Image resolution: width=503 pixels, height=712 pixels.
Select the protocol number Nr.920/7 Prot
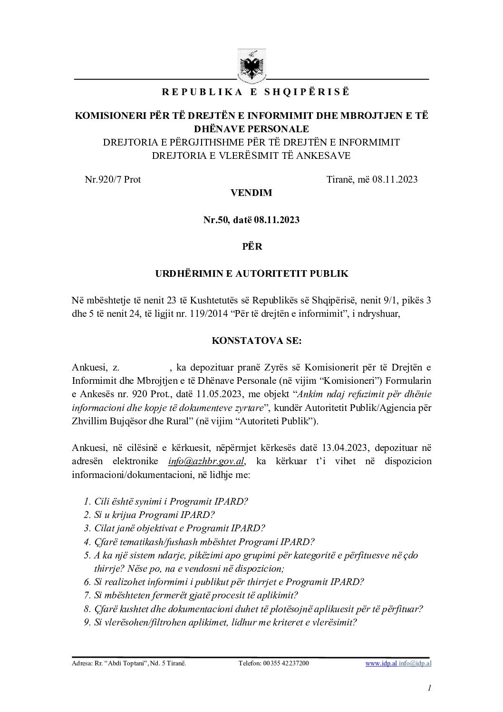click(x=113, y=179)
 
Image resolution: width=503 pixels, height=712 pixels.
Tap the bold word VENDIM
click(x=251, y=193)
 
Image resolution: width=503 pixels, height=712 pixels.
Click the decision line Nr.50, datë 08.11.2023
click(x=251, y=220)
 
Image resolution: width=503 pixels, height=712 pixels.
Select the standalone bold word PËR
click(x=251, y=247)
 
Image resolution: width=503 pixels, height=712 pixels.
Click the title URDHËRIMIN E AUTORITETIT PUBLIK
click(x=251, y=273)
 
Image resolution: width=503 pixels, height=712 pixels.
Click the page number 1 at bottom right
click(x=429, y=687)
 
